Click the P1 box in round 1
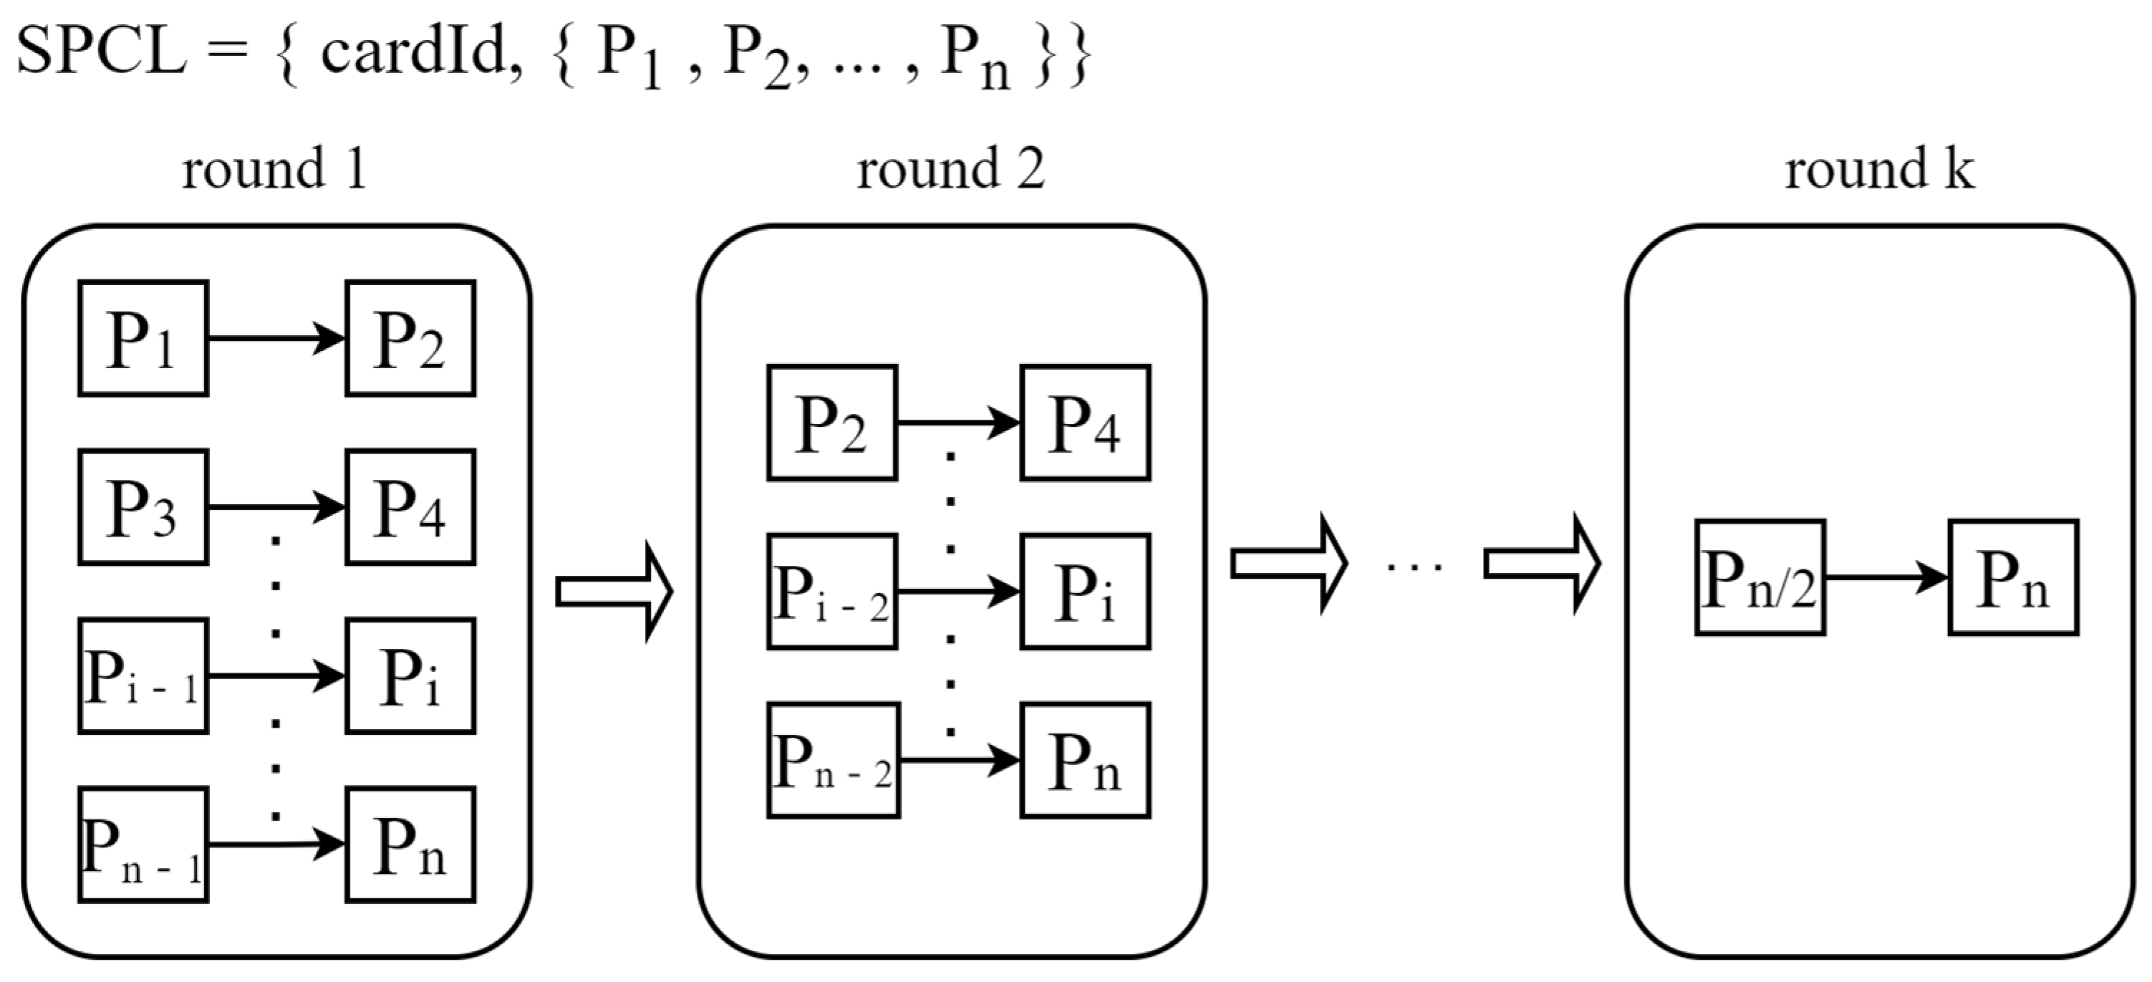click(x=143, y=339)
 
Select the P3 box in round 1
click(x=143, y=507)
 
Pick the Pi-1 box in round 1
click(x=143, y=676)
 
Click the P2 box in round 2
click(x=832, y=423)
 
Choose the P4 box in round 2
click(x=1085, y=423)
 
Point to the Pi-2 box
click(x=832, y=592)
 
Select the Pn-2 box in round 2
click(x=833, y=761)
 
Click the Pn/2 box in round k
click(x=1760, y=578)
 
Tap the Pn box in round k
click(x=2013, y=578)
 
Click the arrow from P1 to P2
click(x=276, y=339)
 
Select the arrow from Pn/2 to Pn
click(x=1886, y=577)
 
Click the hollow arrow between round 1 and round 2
click(x=614, y=592)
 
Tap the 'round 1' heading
click(x=275, y=169)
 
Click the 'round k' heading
click(x=1880, y=169)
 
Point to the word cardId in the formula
click(x=415, y=52)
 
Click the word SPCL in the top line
click(x=100, y=52)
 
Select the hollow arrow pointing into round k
click(x=1542, y=564)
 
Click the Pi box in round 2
click(x=1085, y=592)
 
